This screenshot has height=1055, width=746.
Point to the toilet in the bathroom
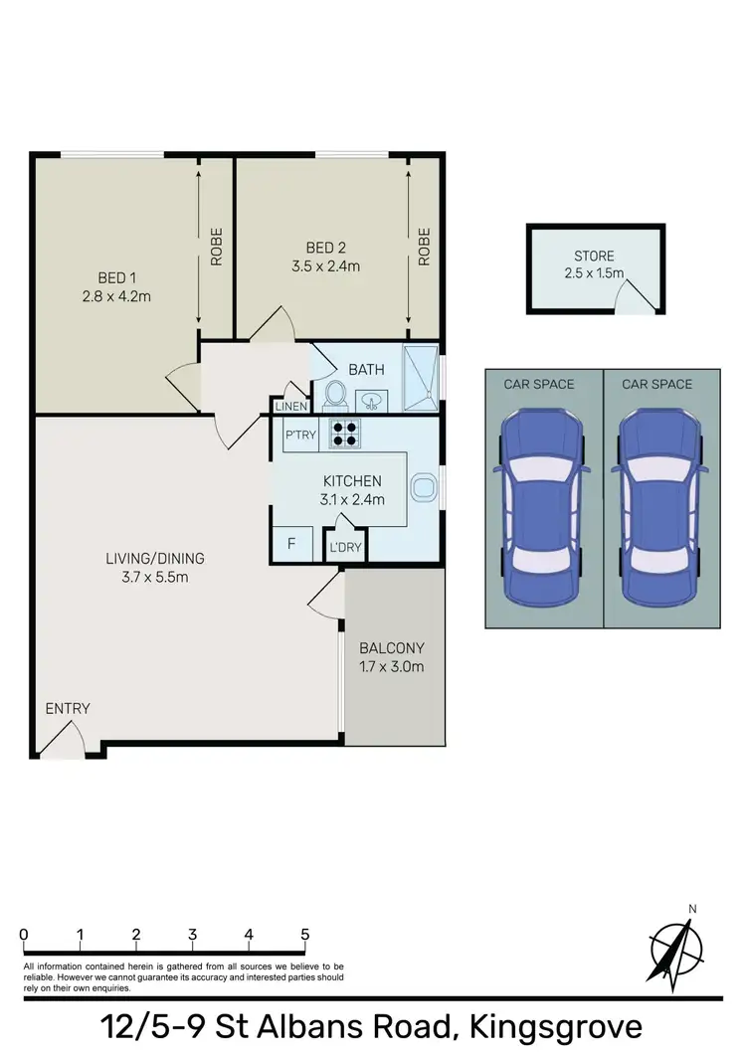coord(335,395)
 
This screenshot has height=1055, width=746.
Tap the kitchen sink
coord(425,487)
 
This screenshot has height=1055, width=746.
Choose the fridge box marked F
coord(291,544)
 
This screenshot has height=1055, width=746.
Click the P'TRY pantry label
coord(299,435)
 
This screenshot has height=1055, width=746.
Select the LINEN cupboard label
coord(290,406)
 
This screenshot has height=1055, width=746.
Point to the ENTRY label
coord(68,709)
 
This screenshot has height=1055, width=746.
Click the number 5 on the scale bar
coord(304,935)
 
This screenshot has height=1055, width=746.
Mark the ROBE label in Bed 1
coord(216,246)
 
